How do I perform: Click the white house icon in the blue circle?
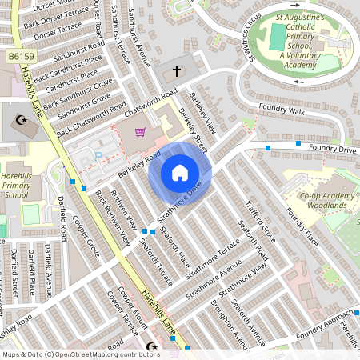180,172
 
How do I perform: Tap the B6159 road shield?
23,56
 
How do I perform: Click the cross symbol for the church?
177,71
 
